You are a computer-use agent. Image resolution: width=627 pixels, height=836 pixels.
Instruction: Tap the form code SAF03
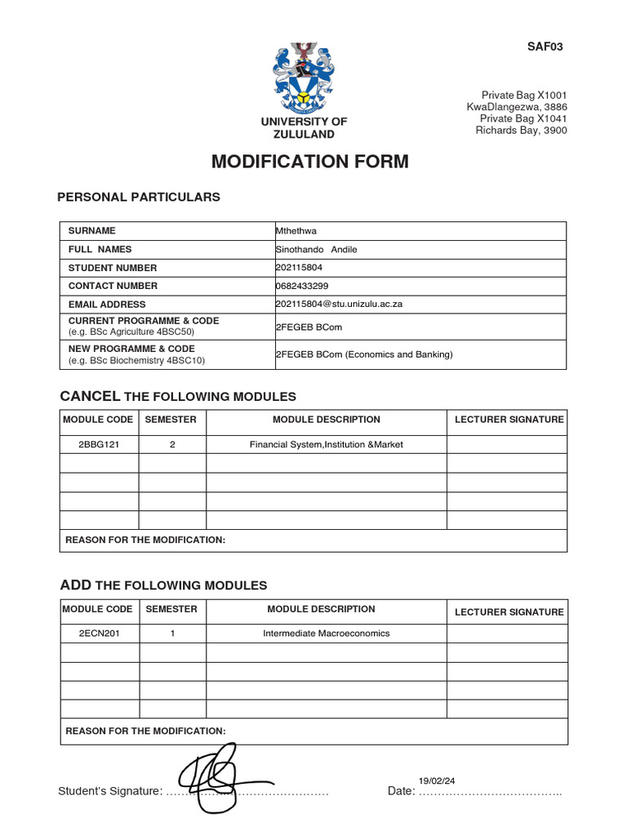tap(545, 47)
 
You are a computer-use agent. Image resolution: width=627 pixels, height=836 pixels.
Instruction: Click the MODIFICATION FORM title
tap(309, 162)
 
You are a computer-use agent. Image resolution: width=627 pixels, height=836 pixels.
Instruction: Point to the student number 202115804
tap(298, 268)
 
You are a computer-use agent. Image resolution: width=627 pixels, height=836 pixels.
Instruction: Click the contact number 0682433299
tap(300, 286)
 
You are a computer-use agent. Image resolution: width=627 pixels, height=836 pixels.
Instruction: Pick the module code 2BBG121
tap(100, 445)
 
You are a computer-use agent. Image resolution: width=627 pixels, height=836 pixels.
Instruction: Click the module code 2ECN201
tap(100, 634)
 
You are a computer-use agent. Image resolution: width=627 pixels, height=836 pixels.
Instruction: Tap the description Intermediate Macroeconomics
tap(326, 634)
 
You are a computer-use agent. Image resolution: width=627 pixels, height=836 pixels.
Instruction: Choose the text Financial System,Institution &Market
tap(326, 445)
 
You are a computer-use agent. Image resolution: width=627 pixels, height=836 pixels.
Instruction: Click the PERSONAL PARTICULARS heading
tap(138, 197)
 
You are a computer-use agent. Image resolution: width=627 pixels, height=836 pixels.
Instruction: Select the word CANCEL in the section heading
tap(90, 396)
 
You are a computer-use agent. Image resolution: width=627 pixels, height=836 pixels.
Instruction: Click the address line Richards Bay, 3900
tap(521, 131)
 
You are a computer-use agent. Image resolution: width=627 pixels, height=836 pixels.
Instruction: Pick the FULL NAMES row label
tap(100, 249)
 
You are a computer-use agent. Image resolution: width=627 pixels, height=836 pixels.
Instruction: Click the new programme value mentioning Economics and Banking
tap(364, 354)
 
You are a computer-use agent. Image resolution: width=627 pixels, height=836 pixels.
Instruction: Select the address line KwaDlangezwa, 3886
tap(516, 107)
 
